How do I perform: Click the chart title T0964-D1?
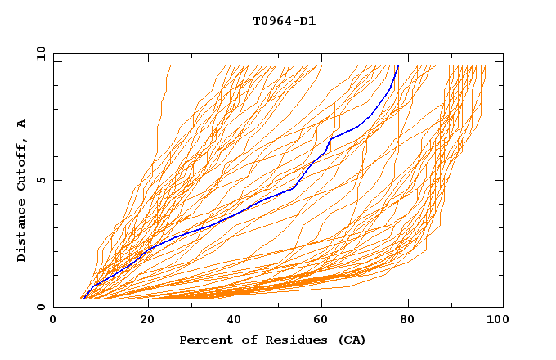pyautogui.click(x=285, y=21)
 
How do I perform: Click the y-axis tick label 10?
pyautogui.click(x=40, y=54)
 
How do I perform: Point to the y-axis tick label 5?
pyautogui.click(x=43, y=180)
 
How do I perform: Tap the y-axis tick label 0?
pyautogui.click(x=43, y=307)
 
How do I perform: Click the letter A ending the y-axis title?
pyautogui.click(x=22, y=124)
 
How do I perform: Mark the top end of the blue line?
pyautogui.click(x=397, y=66)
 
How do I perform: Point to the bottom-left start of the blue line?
pyautogui.click(x=83, y=298)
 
